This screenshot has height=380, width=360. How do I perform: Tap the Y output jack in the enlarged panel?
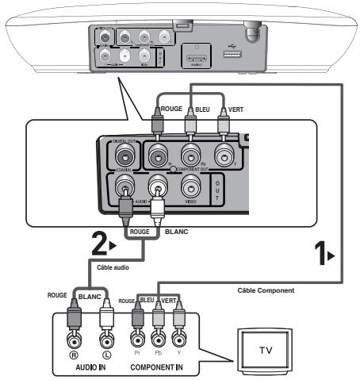tap(224, 155)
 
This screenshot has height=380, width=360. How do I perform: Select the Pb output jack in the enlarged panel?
tap(190, 155)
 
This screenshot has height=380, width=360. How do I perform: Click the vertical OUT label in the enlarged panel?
tap(219, 190)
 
